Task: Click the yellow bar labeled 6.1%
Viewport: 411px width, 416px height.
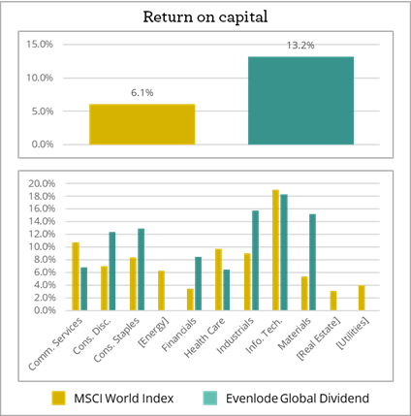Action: pos(142,124)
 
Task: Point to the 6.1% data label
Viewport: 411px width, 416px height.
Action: pos(142,93)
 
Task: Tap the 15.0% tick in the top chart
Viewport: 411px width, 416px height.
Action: pos(39,44)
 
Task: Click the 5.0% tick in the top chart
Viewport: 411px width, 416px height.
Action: pos(41,111)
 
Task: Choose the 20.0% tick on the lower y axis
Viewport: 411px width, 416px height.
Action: pos(46,183)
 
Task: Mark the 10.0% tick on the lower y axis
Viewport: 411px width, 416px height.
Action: pos(46,247)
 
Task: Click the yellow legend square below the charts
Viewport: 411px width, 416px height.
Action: pos(59,398)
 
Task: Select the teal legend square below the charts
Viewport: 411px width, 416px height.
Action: pos(210,398)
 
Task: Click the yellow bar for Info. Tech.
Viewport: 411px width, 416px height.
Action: pos(275,249)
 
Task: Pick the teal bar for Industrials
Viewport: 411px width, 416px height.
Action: pos(255,260)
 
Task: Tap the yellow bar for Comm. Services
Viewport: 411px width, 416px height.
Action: pos(76,275)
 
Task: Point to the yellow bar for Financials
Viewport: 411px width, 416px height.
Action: pos(190,299)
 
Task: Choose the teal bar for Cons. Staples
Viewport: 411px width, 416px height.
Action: pos(141,269)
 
